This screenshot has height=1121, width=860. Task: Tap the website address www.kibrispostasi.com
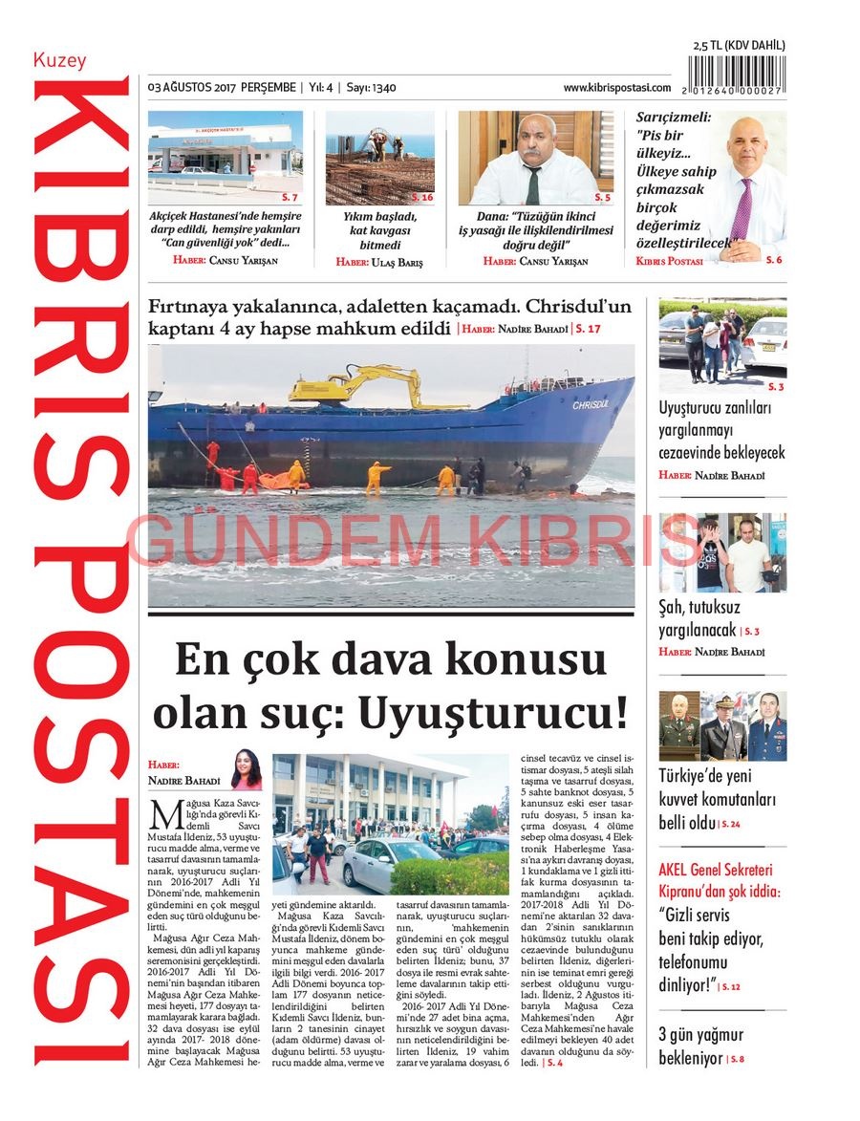coord(616,87)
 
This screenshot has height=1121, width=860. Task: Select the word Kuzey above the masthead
coord(59,60)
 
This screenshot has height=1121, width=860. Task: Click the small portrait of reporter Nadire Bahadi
coord(246,769)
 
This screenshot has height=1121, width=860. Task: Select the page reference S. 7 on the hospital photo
coord(290,198)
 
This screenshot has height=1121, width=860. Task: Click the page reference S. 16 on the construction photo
coord(421,198)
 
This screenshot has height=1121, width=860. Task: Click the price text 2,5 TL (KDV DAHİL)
coord(739,45)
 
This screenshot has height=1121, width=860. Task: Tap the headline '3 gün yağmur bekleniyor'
coord(700,1046)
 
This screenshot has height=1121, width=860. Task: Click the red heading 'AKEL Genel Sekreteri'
coord(718,871)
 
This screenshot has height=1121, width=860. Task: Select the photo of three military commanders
coord(722,726)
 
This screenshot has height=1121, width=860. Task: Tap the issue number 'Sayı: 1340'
coord(371,88)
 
